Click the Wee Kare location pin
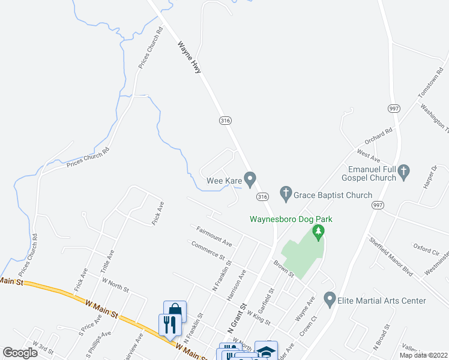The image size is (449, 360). coord(252,178)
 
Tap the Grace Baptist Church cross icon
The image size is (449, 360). coord(286,194)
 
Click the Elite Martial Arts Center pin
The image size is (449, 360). coord(329,298)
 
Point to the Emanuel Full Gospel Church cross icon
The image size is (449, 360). coord(404,173)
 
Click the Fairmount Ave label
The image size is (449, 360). coord(214,236)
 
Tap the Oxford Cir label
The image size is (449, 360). coord(427,245)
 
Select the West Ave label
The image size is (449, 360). coord(369,157)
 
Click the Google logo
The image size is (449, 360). coord(20,353)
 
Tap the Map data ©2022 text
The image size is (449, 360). coord(423,355)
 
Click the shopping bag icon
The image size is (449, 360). coord(175,311)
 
